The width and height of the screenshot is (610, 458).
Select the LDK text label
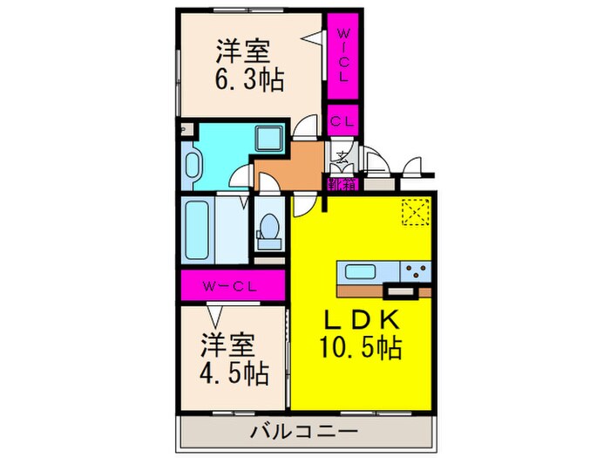[x=364, y=318]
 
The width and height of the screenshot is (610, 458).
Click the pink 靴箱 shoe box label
[x=342, y=184]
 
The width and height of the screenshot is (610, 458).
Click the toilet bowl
[x=268, y=228]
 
